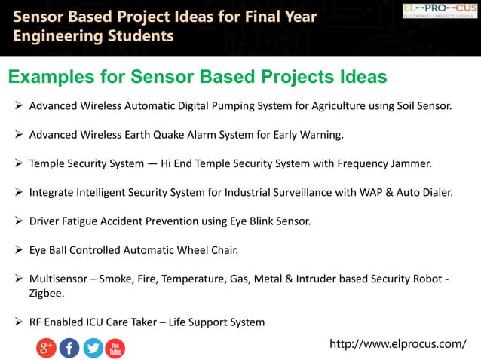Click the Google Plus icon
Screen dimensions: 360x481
click(x=46, y=348)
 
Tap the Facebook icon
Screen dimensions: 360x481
click(x=69, y=348)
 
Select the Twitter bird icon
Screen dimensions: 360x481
click(x=93, y=348)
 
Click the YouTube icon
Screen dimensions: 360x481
click(x=115, y=348)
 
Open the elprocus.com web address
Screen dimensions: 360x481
click(x=398, y=344)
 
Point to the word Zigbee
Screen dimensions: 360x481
click(x=47, y=293)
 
